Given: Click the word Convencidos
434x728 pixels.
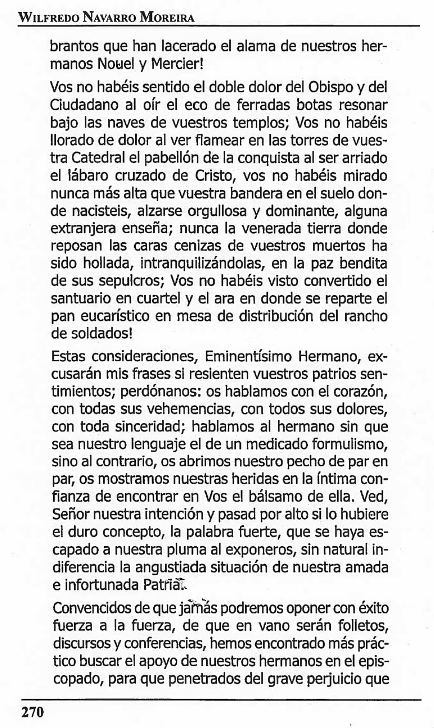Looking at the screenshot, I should tap(87, 610).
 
